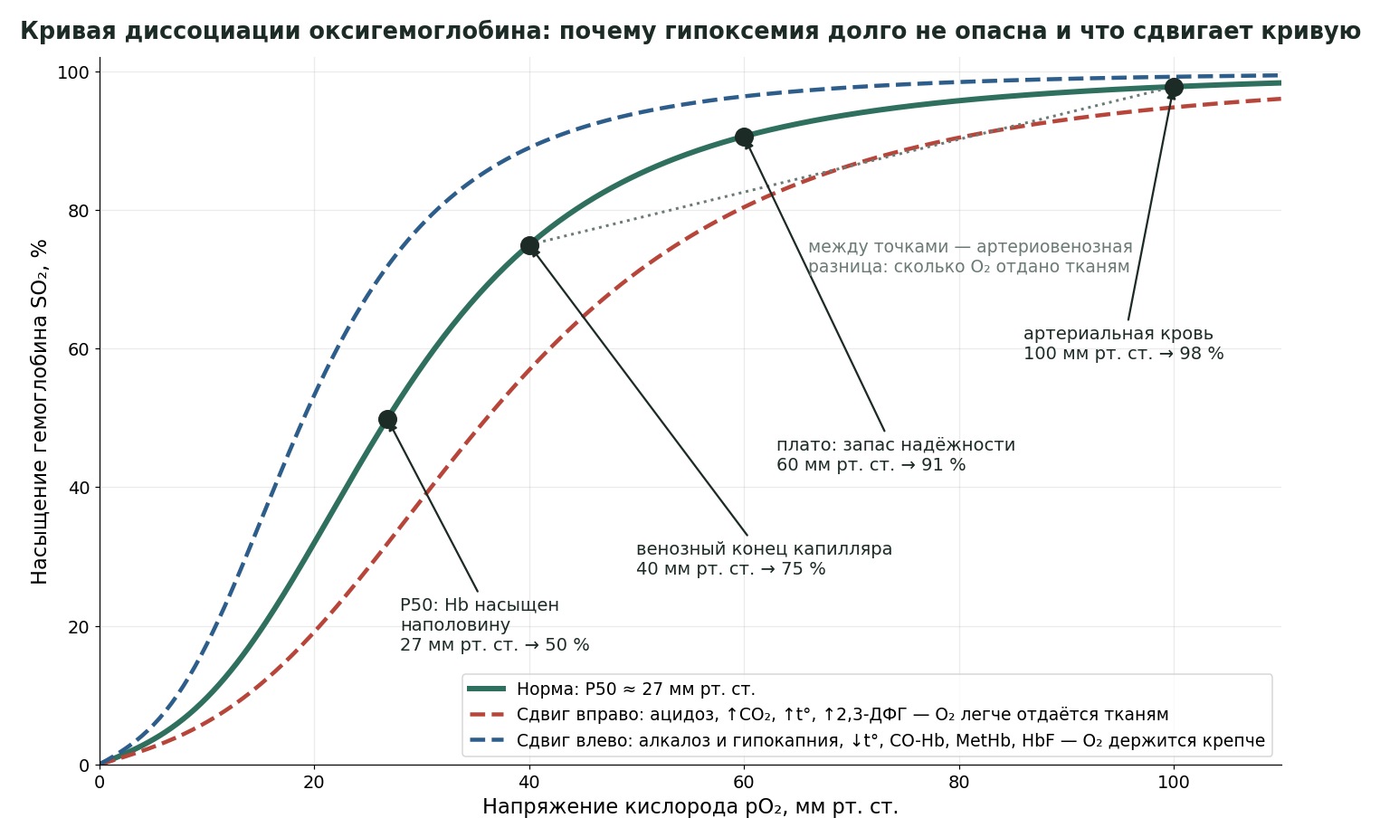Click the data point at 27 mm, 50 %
[387, 420]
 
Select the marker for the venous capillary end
[529, 246]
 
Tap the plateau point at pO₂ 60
[744, 138]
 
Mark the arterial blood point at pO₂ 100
[1174, 88]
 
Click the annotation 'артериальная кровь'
[1118, 334]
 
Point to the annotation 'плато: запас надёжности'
[895, 444]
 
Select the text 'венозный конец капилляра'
[764, 548]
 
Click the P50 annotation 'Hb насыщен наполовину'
[480, 614]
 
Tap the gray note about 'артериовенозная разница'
[970, 256]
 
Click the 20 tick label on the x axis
[314, 782]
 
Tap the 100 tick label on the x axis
[1174, 782]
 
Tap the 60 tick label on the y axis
[79, 349]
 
